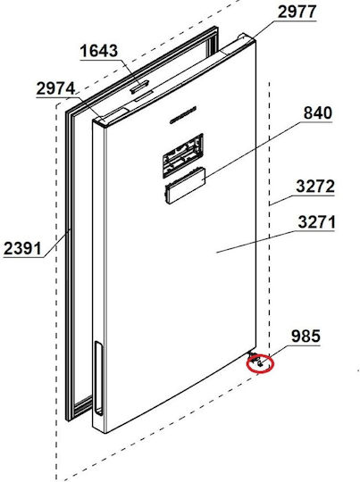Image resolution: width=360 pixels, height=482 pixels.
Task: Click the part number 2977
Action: (297, 12)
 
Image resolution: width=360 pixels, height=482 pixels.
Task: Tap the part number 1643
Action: (99, 51)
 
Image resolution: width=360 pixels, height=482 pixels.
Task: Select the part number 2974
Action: (55, 88)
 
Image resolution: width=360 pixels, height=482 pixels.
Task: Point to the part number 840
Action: (317, 112)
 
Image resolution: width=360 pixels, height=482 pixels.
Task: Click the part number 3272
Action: (314, 186)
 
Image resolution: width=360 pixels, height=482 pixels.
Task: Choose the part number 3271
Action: (316, 222)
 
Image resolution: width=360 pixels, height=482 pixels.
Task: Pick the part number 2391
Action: (22, 248)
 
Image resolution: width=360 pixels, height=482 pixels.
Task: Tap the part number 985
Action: (306, 336)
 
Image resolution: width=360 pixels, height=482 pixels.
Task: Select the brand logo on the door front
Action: (183, 115)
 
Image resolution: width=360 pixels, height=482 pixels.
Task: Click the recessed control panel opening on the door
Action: (183, 155)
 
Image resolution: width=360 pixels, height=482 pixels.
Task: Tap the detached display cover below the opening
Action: (185, 185)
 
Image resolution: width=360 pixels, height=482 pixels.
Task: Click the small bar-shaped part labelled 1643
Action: (139, 86)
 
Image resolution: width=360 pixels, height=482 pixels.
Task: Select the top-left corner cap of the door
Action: (101, 121)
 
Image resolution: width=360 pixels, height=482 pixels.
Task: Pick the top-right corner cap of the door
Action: (247, 38)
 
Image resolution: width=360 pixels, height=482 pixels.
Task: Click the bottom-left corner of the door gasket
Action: (69, 419)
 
